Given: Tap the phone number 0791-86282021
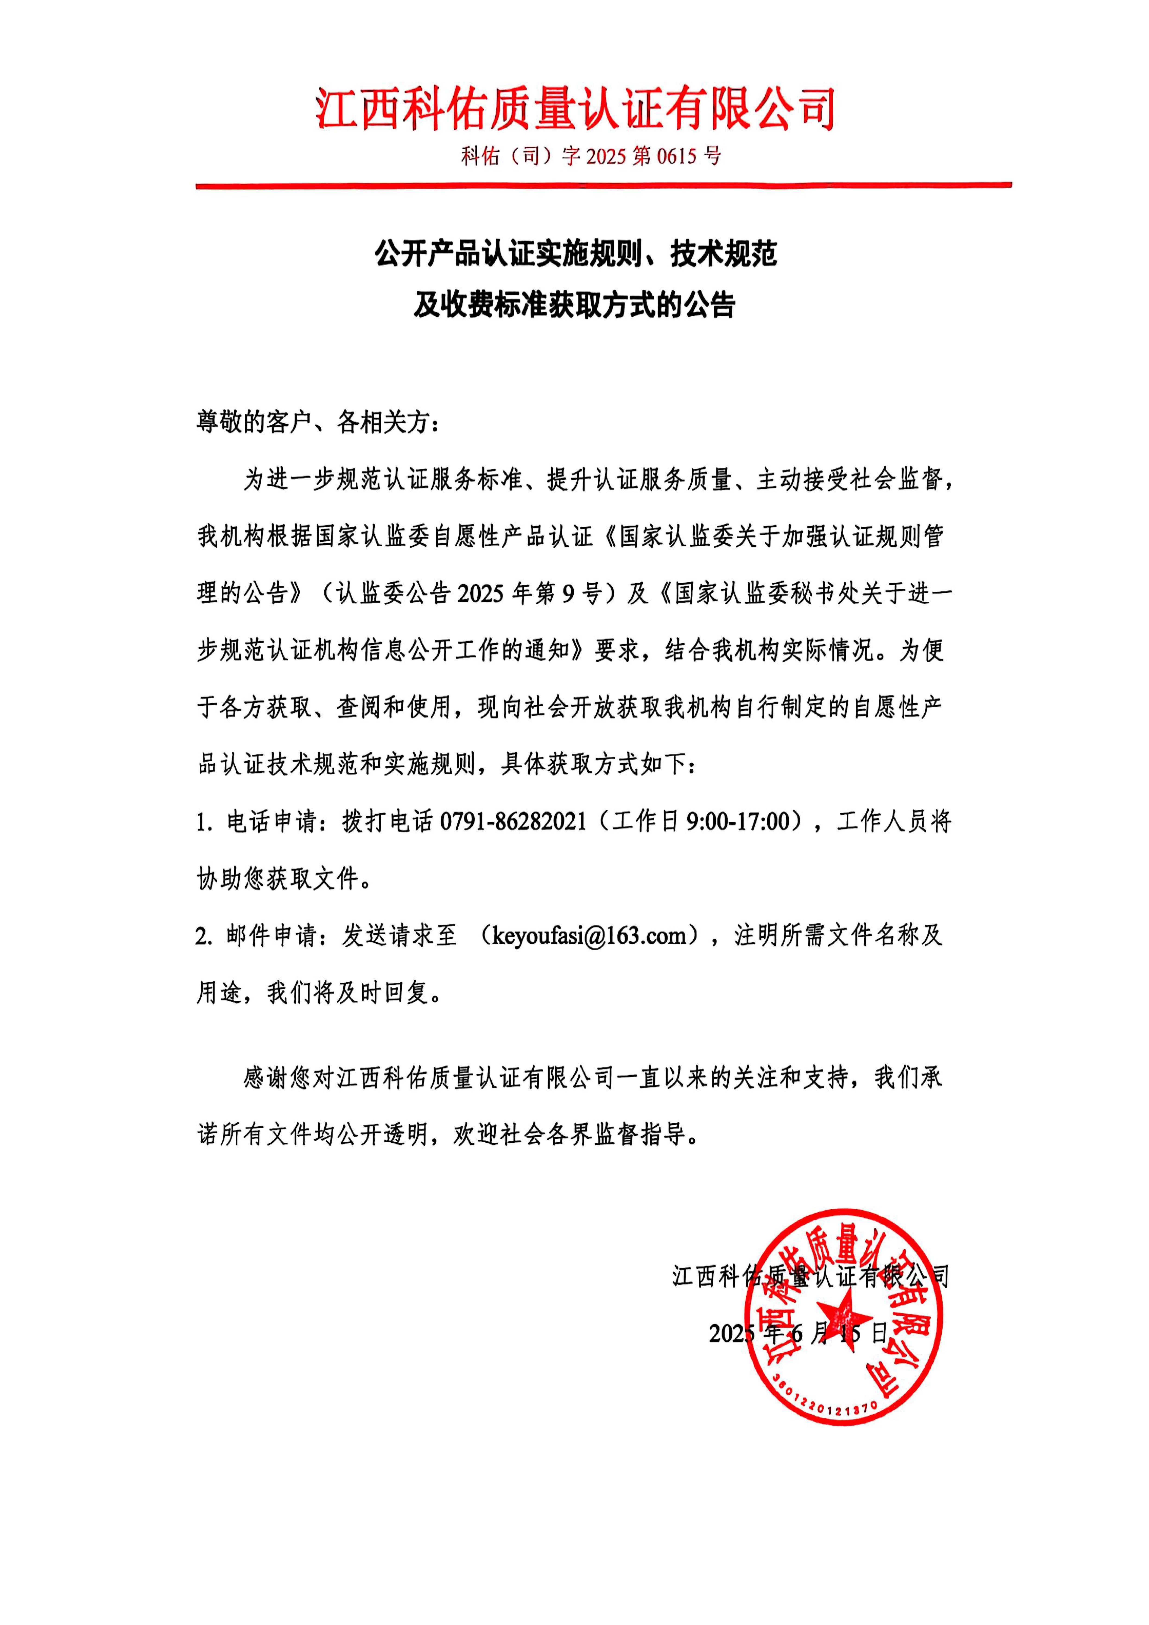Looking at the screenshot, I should (x=513, y=821).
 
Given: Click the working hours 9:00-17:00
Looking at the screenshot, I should (x=738, y=821).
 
